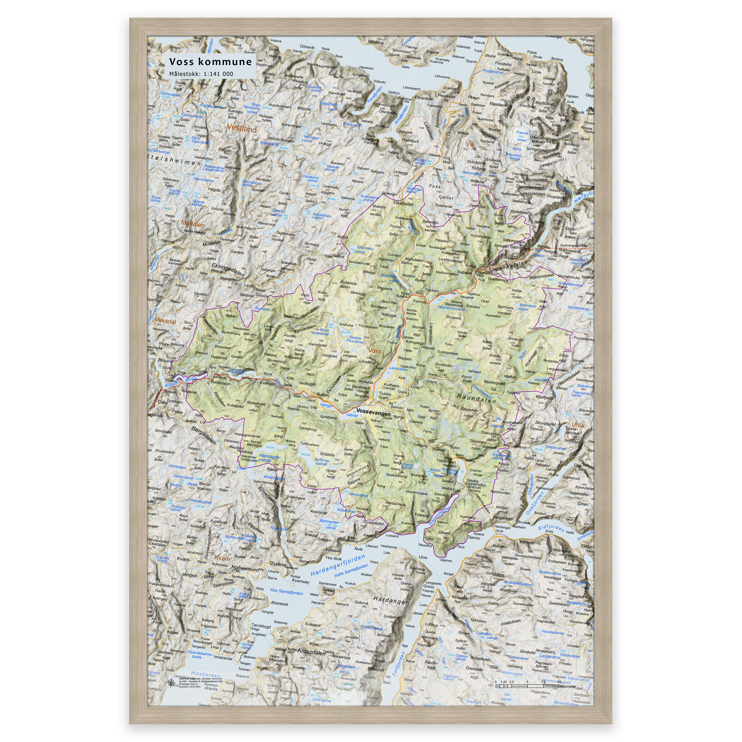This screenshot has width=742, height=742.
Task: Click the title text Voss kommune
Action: [210, 62]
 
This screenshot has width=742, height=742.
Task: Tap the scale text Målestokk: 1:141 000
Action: [201, 74]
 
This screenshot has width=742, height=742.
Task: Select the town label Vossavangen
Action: [373, 411]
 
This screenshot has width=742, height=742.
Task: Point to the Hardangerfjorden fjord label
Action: [338, 566]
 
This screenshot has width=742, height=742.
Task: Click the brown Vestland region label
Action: [242, 128]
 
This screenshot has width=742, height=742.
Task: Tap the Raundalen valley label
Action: [477, 398]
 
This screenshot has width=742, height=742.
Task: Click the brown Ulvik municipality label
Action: [578, 425]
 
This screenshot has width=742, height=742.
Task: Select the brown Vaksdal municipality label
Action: [165, 321]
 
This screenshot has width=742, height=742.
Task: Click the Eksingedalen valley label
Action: [228, 269]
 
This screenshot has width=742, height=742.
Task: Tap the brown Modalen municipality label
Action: [193, 224]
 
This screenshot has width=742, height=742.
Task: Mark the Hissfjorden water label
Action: [205, 674]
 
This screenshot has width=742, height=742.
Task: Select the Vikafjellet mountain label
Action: [403, 204]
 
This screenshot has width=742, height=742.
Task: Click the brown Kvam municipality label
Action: [222, 558]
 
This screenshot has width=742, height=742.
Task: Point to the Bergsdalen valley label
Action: [204, 435]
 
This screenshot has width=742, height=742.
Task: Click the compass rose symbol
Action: [171, 683]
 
